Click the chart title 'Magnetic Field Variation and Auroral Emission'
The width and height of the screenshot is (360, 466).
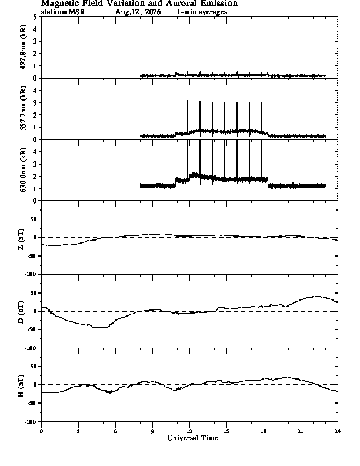click(139, 4)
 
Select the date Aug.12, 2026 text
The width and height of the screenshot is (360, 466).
click(138, 12)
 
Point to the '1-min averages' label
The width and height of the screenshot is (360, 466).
click(202, 12)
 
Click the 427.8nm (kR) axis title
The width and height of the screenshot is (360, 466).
click(23, 47)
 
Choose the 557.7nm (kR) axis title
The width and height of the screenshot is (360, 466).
click(23, 108)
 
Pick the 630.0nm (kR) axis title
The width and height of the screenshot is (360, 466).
click(23, 169)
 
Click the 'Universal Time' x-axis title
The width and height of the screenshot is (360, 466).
click(193, 438)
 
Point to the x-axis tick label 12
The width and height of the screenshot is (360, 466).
click(189, 431)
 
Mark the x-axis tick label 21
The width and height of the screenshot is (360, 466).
click(301, 431)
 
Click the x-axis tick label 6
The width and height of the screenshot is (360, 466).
click(115, 431)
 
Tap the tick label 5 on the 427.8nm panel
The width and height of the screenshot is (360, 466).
click(35, 17)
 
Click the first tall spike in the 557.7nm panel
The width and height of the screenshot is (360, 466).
click(188, 118)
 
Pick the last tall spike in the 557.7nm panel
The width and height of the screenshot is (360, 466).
click(262, 118)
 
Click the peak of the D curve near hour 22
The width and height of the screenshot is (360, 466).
click(318, 297)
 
